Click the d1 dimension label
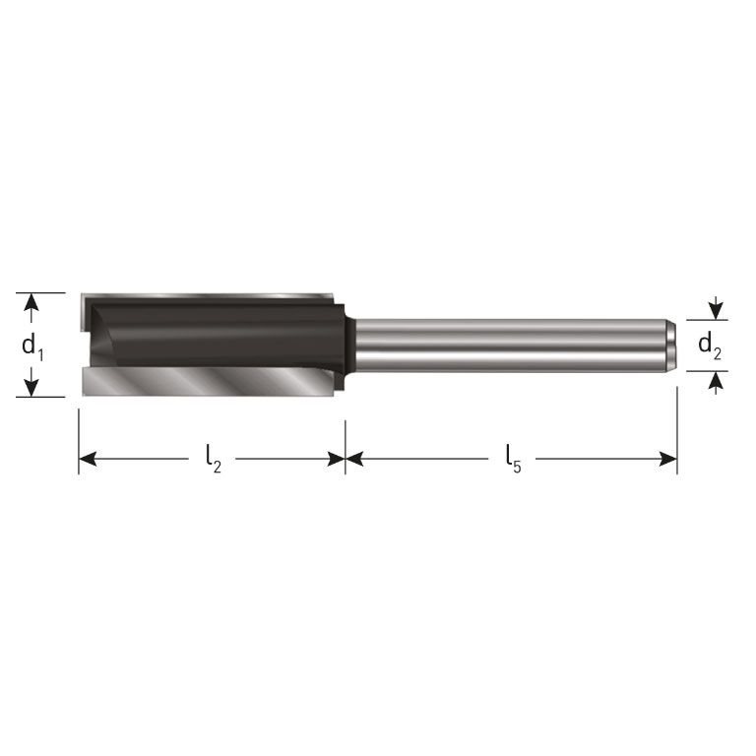coord(32,346)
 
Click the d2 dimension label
coord(709,346)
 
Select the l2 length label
coord(213,459)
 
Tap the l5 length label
coord(512,459)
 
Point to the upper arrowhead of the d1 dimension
coord(32,301)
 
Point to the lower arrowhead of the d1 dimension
coord(32,388)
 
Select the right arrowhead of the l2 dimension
coord(336,459)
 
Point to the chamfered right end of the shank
coord(669,345)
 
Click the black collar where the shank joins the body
coord(346,345)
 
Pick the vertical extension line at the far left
coord(79,433)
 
